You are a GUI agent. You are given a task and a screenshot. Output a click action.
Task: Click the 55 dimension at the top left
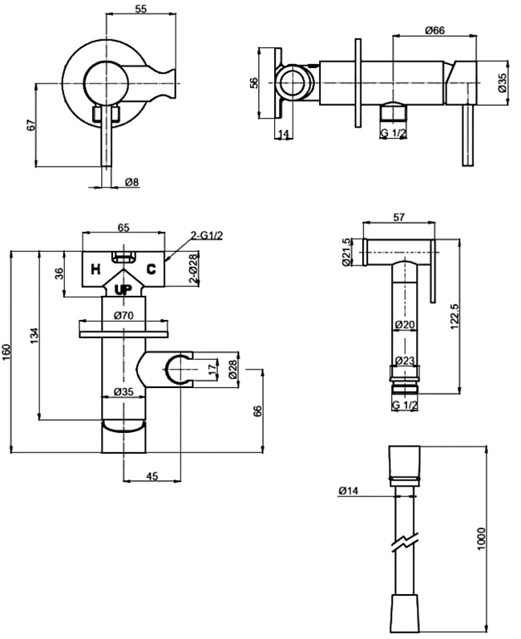tap(139, 9)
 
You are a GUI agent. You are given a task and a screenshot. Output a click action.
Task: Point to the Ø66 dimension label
tap(434, 30)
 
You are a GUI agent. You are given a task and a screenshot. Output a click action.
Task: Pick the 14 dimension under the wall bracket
tap(283, 133)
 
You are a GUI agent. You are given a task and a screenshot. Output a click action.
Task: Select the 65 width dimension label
tap(123, 228)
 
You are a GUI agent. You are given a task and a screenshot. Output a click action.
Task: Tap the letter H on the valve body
tap(94, 269)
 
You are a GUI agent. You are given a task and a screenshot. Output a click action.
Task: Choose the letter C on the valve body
tap(151, 269)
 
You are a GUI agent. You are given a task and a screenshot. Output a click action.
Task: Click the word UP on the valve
tap(123, 289)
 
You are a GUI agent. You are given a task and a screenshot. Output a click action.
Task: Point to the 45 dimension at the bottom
tap(152, 476)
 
